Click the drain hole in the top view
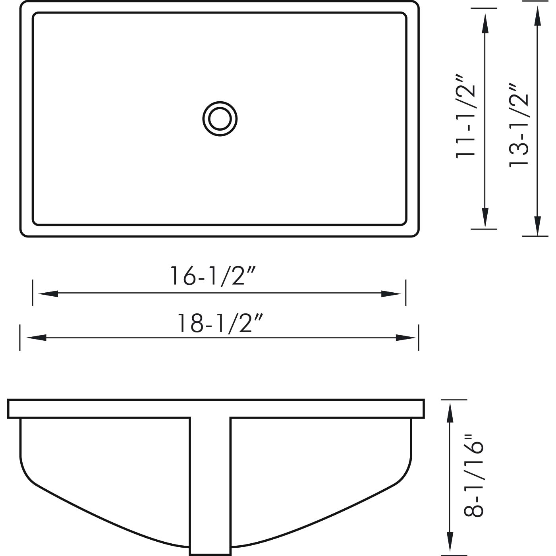tap(220, 119)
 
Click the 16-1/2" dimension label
tap(212, 276)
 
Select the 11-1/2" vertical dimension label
tap(465, 116)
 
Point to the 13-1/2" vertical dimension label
tap(519, 125)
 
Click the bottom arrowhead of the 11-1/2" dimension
tap(485, 218)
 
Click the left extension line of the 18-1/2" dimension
tap(20, 338)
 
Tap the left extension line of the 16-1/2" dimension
tap(33, 293)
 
